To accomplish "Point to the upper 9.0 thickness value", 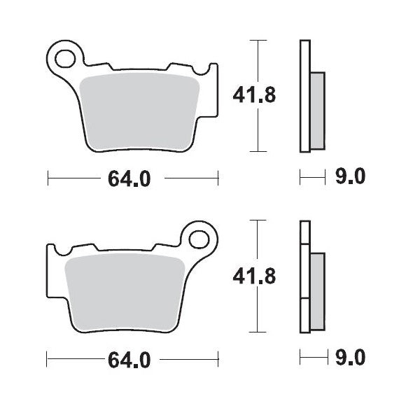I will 351,178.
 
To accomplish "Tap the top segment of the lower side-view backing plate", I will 304,232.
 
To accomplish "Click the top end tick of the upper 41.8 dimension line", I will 260,41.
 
